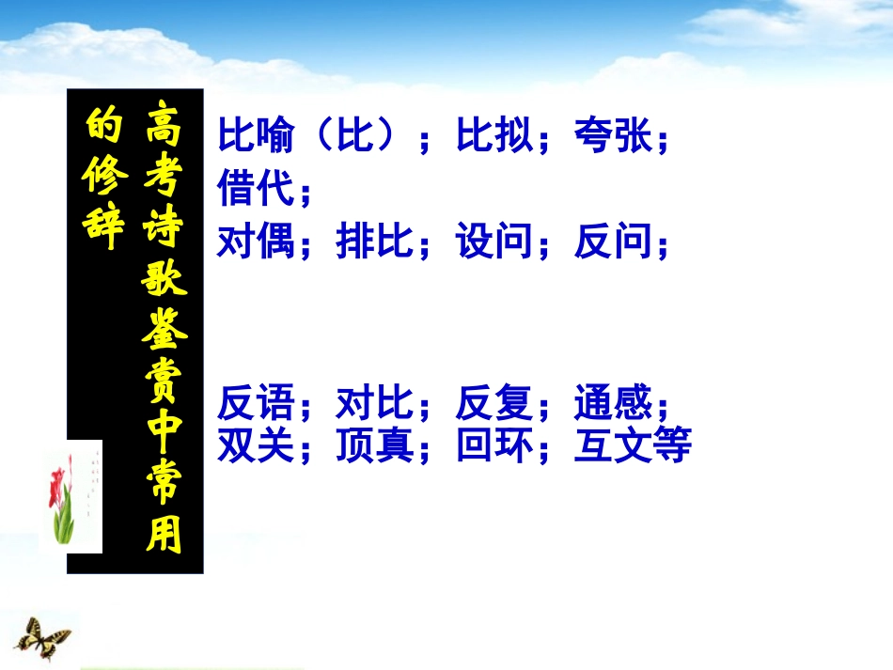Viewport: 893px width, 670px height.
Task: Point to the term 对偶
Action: click(x=256, y=242)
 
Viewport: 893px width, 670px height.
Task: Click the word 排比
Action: click(x=375, y=242)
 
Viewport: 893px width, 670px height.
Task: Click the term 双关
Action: click(x=256, y=444)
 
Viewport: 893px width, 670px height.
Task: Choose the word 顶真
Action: click(x=375, y=444)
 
